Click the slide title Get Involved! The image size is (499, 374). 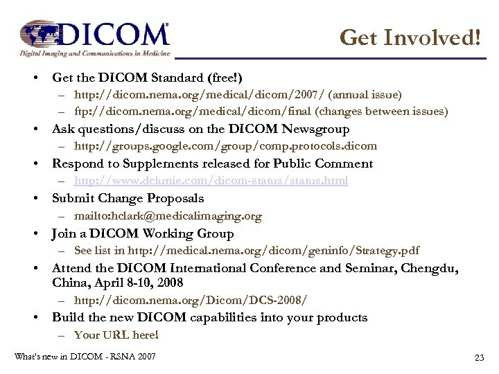point(410,37)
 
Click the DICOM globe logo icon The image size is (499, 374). point(43,34)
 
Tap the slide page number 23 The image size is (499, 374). point(478,357)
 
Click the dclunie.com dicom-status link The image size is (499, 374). point(211,181)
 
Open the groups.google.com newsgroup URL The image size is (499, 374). point(225,146)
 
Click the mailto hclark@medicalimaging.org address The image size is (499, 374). point(168,215)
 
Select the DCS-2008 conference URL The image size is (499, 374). point(191,300)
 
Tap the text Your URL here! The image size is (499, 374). point(116,335)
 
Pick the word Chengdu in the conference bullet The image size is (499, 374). point(429,268)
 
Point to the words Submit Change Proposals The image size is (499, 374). point(128,198)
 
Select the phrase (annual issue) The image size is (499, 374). point(365,94)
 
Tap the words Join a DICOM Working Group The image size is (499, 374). point(143,233)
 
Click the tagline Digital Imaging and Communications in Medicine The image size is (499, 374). point(94,53)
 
